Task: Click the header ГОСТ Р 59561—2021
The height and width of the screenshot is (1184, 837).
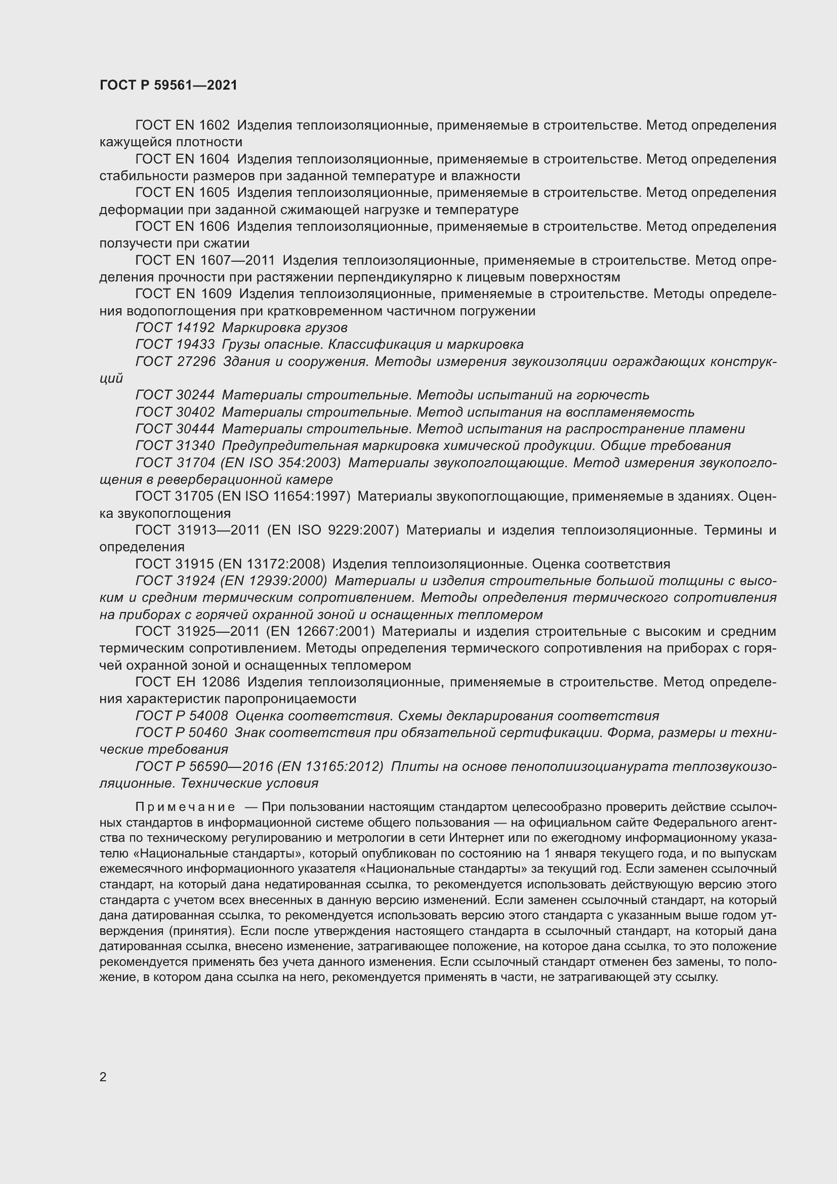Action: pyautogui.click(x=169, y=85)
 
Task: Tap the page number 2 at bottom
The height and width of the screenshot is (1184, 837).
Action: pyautogui.click(x=103, y=1077)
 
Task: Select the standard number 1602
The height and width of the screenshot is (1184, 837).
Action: pyautogui.click(x=214, y=126)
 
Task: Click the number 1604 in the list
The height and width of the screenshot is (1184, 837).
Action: pyautogui.click(x=214, y=159)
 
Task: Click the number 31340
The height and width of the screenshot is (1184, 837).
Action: pyautogui.click(x=196, y=445)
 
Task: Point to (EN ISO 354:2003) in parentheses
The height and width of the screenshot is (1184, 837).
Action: pyautogui.click(x=280, y=463)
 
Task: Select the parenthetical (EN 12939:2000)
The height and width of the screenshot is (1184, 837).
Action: pyautogui.click(x=274, y=581)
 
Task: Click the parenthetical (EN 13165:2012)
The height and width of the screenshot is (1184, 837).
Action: pyautogui.click(x=330, y=766)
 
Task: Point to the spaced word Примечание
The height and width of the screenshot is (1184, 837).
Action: pyautogui.click(x=185, y=806)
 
